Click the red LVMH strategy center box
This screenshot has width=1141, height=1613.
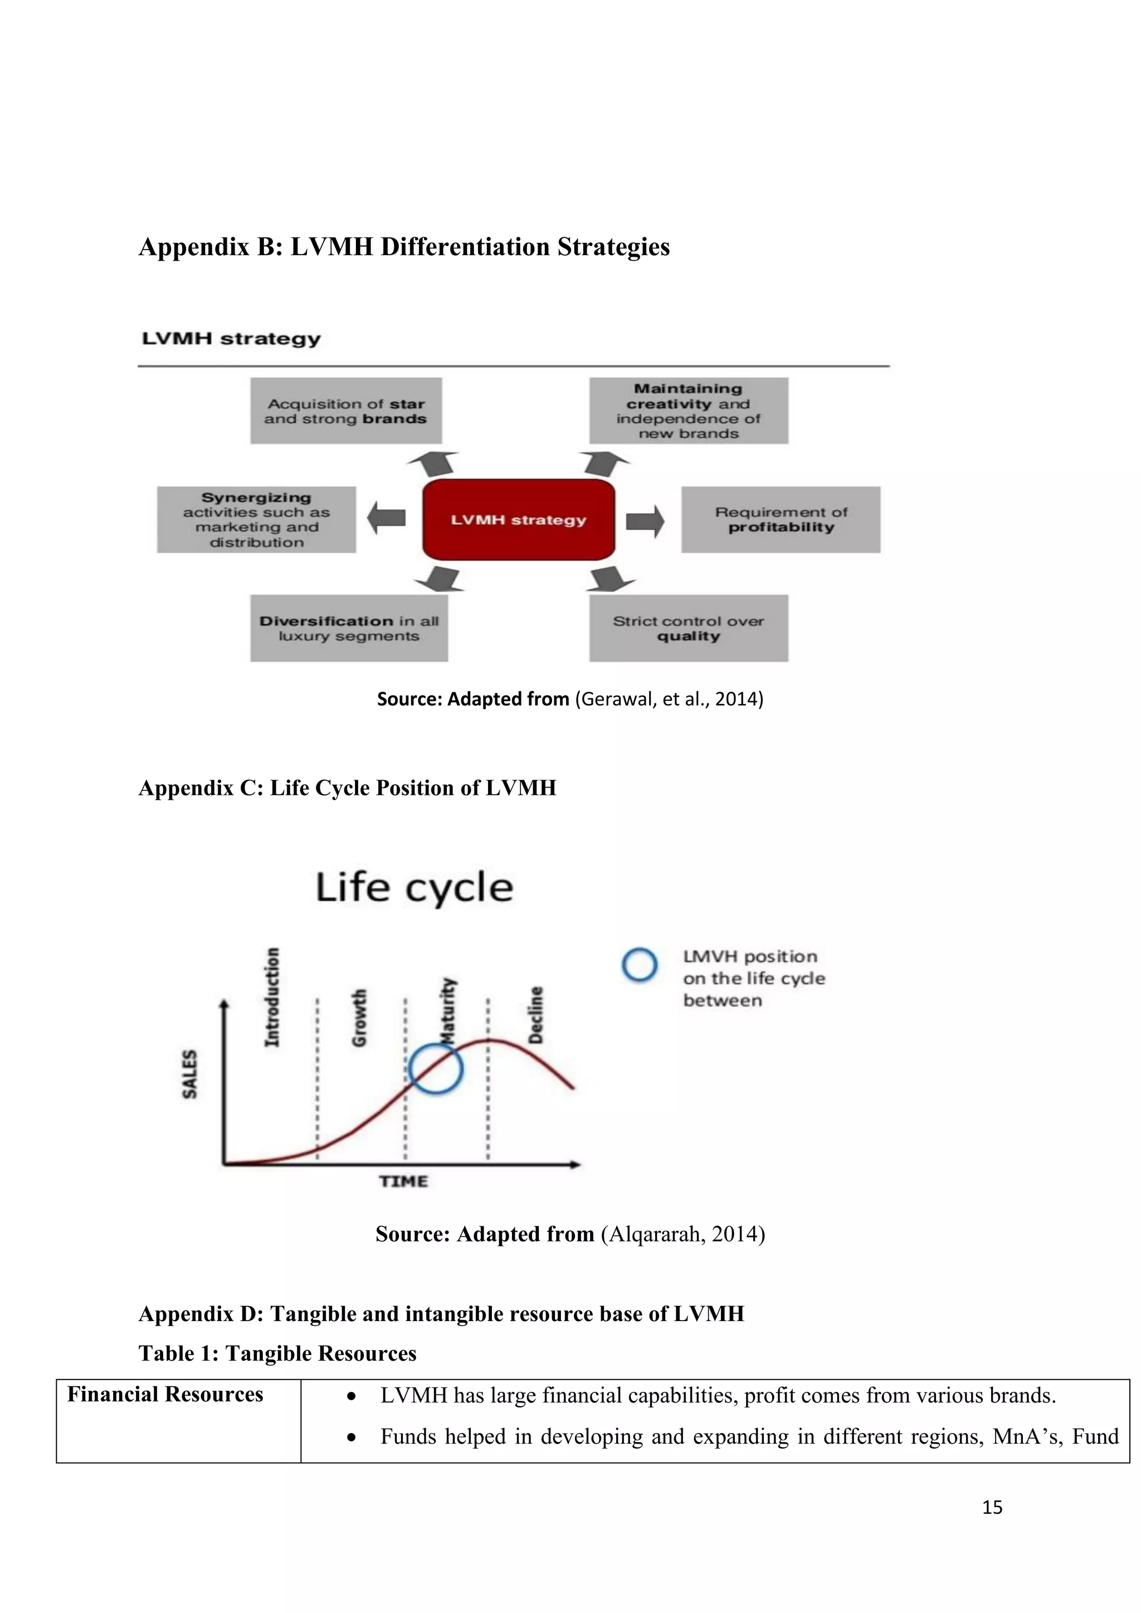click(519, 520)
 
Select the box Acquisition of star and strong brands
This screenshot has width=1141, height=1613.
click(345, 411)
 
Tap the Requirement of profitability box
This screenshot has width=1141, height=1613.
click(781, 520)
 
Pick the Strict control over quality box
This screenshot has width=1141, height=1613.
click(689, 628)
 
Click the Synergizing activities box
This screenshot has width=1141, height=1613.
click(256, 520)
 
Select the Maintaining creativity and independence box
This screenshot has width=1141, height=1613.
click(689, 411)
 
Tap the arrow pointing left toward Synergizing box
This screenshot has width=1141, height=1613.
click(387, 518)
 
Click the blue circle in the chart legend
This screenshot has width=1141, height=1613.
click(640, 965)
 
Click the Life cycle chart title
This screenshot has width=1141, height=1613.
click(415, 887)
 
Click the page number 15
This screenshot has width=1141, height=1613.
click(992, 1507)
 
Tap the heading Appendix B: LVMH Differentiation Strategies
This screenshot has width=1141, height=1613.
click(404, 247)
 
